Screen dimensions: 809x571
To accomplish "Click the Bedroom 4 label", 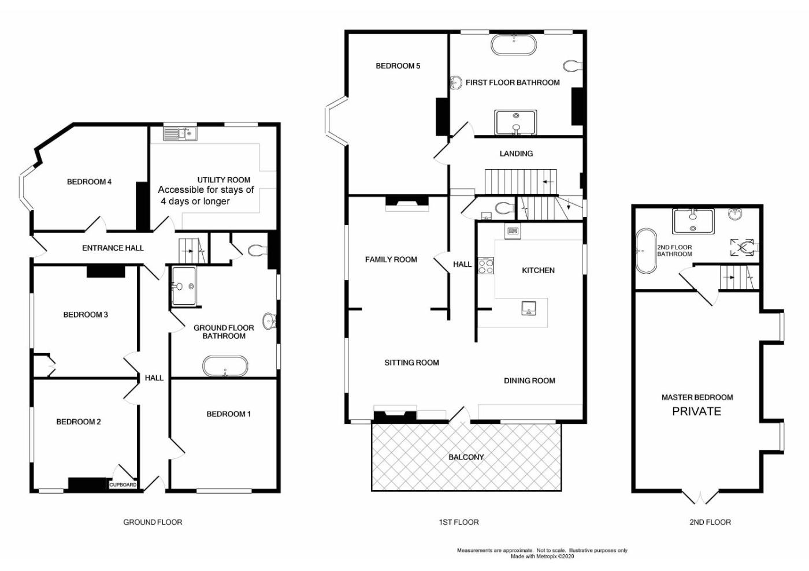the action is [x=89, y=181].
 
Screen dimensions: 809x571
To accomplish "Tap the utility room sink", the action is [x=180, y=133].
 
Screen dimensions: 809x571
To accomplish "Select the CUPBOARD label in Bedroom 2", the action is [x=123, y=485].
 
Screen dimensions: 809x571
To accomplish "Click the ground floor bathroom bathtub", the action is [x=225, y=367].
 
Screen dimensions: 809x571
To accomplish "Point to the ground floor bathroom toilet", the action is [x=258, y=250].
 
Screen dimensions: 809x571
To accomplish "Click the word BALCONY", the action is [x=466, y=457].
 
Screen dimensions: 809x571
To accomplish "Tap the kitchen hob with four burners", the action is [x=486, y=266].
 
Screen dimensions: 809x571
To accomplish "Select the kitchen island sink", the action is [x=529, y=308].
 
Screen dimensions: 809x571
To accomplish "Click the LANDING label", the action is [x=516, y=154].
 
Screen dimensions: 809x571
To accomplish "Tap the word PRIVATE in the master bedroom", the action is [x=696, y=412].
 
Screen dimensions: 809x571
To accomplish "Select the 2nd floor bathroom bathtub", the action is [x=646, y=251].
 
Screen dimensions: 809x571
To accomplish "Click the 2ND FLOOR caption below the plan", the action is [x=710, y=523].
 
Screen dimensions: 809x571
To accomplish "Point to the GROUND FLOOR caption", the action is [x=153, y=523].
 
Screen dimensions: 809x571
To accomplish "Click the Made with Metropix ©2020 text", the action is [x=542, y=557].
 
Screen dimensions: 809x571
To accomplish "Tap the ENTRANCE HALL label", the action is [x=113, y=248].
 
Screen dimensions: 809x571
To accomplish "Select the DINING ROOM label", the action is [x=529, y=380].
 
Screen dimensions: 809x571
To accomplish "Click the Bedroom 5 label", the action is [x=398, y=66].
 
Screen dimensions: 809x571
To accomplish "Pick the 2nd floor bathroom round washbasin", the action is [x=735, y=214].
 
